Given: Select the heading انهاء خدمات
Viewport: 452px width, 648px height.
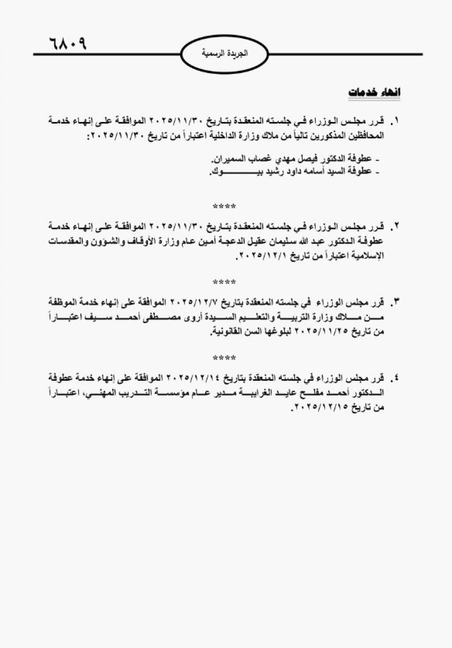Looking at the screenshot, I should coord(374,92).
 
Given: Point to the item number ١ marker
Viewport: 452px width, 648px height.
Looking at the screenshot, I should coord(395,121).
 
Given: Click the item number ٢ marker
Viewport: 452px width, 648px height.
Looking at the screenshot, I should coord(395,226).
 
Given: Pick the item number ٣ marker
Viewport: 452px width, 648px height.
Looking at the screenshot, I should coord(395,302).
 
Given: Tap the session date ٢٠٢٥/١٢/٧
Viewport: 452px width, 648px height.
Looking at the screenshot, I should coord(195,302).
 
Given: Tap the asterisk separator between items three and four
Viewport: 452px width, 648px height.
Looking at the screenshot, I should coord(224,357).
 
